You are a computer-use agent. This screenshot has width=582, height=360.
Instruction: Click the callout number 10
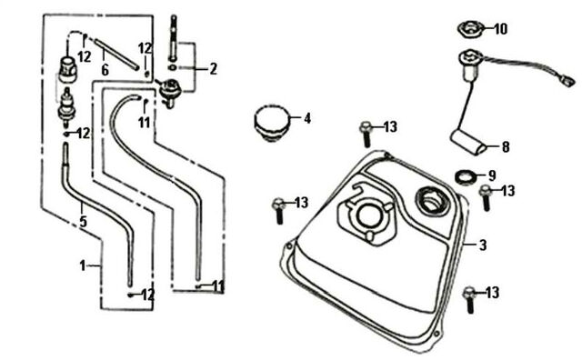click(501, 28)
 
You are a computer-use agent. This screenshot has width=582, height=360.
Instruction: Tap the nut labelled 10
click(470, 28)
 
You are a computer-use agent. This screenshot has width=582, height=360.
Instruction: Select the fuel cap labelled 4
click(271, 123)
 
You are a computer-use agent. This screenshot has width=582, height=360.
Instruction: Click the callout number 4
click(307, 118)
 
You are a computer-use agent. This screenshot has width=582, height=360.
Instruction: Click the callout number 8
click(506, 147)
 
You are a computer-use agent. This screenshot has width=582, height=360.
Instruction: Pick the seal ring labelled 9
click(466, 176)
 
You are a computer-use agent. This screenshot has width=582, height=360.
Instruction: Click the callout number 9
click(492, 175)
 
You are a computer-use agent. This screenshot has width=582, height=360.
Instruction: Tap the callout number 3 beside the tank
click(483, 245)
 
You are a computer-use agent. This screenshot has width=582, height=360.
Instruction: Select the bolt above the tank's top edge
click(366, 134)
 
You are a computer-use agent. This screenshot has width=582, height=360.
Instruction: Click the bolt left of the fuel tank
click(278, 211)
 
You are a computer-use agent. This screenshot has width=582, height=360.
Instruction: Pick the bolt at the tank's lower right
click(469, 300)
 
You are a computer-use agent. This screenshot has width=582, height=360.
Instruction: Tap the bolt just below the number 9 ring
click(486, 197)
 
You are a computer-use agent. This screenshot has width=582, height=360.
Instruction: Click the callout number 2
click(213, 69)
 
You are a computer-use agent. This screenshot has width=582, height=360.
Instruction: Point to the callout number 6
click(105, 70)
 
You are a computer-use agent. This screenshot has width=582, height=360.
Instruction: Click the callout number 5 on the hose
click(84, 221)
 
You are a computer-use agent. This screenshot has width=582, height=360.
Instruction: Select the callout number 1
click(83, 265)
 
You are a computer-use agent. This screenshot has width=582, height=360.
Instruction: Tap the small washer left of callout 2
click(173, 67)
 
